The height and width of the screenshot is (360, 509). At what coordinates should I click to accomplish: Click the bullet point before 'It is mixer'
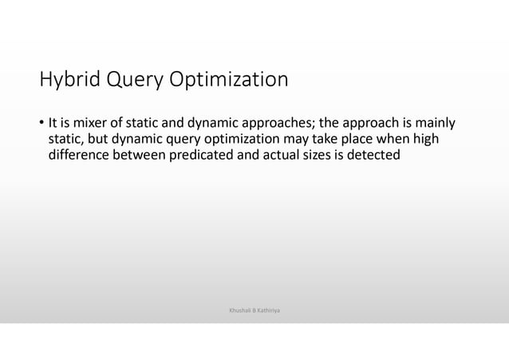(x=41, y=125)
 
